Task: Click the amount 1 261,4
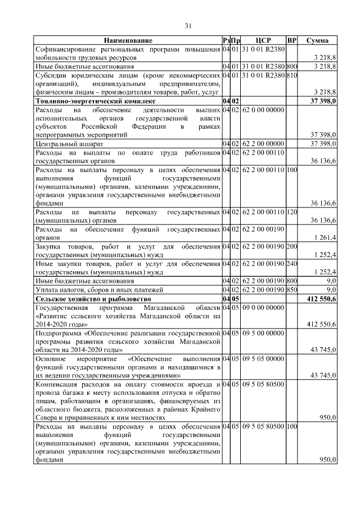click(x=325, y=238)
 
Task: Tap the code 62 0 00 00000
click(x=263, y=109)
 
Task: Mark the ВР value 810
click(x=291, y=74)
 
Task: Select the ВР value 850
click(x=291, y=289)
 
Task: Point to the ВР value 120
click(x=291, y=212)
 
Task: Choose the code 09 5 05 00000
click(x=263, y=357)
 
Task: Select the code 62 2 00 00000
click(x=263, y=144)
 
